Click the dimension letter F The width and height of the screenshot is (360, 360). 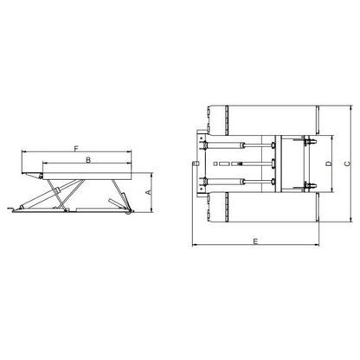pyautogui.click(x=76, y=149)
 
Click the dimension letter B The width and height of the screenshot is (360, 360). pyautogui.click(x=88, y=160)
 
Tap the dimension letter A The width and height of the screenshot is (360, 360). pyautogui.click(x=148, y=192)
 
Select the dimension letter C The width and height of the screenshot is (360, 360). pyautogui.click(x=347, y=164)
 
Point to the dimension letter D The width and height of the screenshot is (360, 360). pyautogui.click(x=329, y=164)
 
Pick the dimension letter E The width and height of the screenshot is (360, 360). pyautogui.click(x=255, y=241)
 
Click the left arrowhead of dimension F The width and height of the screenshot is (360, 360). pyautogui.click(x=24, y=151)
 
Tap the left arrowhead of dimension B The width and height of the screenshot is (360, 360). pyautogui.click(x=45, y=164)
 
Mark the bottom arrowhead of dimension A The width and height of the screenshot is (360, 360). pyautogui.click(x=151, y=210)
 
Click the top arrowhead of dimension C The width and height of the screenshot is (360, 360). pyautogui.click(x=350, y=107)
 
